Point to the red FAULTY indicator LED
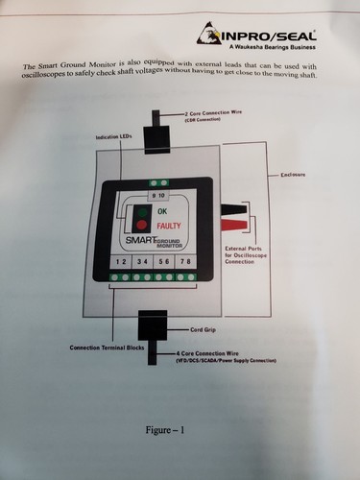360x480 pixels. (141, 227)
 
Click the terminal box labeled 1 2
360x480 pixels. (120, 262)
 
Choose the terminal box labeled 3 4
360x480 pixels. (142, 262)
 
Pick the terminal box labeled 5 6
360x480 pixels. (164, 262)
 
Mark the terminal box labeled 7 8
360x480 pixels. (186, 262)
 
